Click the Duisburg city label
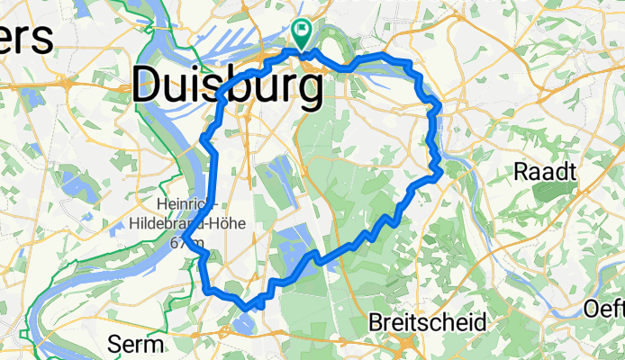tap(227, 87)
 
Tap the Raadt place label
tap(544, 172)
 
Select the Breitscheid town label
tap(430, 322)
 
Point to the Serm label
tap(136, 344)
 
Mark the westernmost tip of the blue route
tap(184, 238)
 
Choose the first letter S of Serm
tap(113, 344)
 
